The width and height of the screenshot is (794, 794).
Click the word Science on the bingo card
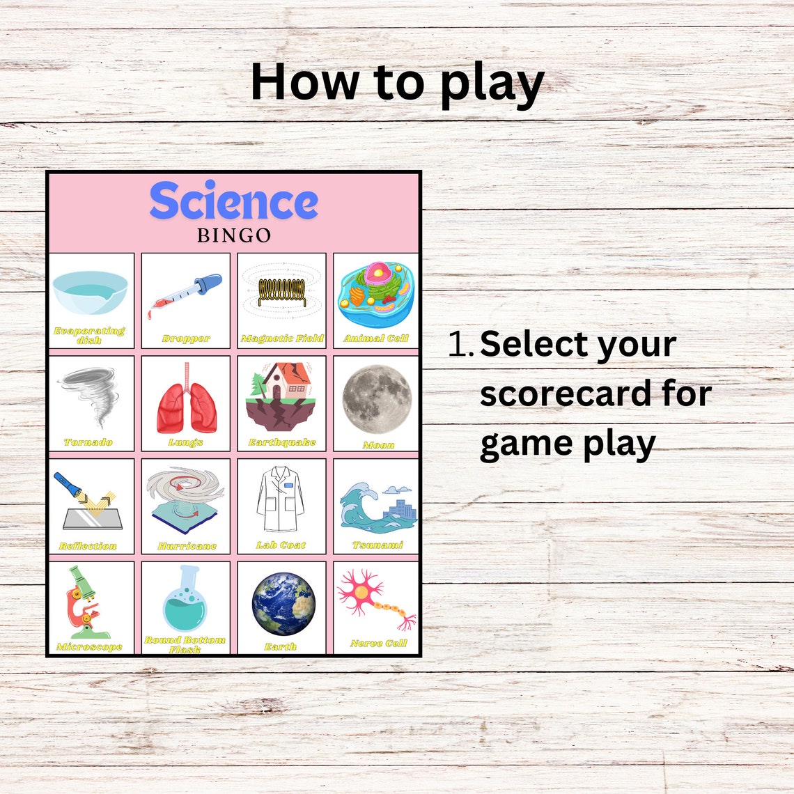coord(233,202)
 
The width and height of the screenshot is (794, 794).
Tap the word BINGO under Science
coord(234,235)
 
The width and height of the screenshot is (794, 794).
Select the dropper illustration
coord(185,296)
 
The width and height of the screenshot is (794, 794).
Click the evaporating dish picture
coord(91,291)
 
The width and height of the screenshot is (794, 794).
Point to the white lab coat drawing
coord(281,500)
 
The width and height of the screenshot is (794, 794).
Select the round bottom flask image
coord(185,599)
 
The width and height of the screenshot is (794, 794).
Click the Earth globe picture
coord(283,604)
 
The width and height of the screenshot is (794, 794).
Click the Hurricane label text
coord(187,547)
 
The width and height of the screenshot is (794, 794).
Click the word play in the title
coord(492,84)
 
